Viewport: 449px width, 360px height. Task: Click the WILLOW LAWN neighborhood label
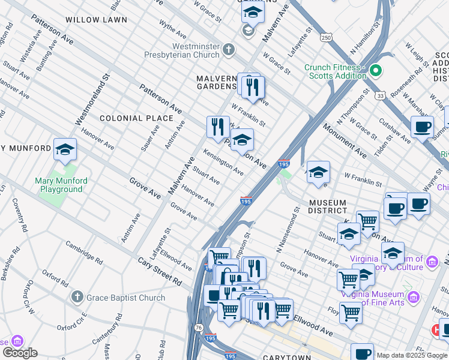point(96,20)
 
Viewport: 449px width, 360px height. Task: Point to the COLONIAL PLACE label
point(136,118)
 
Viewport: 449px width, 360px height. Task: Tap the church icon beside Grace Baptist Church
point(76,297)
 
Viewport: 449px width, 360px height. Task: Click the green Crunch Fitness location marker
point(376,71)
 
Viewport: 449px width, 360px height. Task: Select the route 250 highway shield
point(325,38)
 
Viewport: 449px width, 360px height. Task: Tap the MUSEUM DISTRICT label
point(328,206)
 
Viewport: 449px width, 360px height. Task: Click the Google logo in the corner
point(20,353)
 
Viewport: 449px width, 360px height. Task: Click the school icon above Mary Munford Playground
point(65,151)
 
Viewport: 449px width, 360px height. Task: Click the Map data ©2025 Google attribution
point(412,355)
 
